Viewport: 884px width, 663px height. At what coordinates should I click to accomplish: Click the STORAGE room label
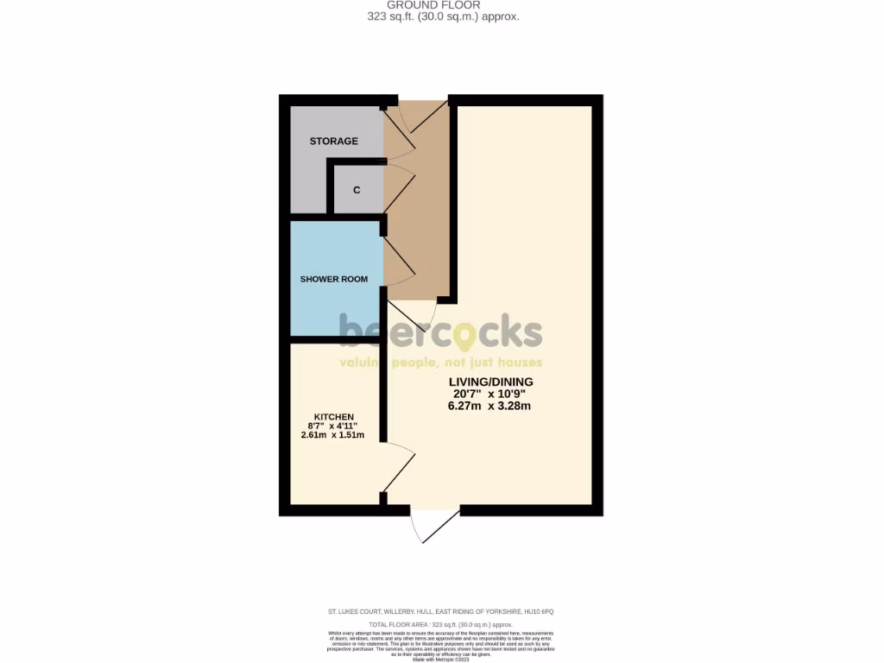(x=333, y=141)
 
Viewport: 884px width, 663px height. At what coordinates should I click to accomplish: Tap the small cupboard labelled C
(x=357, y=190)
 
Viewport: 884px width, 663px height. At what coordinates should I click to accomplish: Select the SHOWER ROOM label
(x=333, y=279)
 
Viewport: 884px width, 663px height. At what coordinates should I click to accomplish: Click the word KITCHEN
(x=333, y=417)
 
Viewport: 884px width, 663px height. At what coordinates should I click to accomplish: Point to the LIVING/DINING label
(x=490, y=382)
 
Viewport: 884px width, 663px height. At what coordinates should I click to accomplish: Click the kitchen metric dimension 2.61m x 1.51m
(x=333, y=434)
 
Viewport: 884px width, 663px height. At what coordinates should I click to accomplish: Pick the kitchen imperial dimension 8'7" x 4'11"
(x=333, y=426)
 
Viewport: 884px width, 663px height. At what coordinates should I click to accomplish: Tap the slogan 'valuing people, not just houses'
(x=440, y=363)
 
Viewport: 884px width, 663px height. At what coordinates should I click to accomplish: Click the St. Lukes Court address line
(x=441, y=611)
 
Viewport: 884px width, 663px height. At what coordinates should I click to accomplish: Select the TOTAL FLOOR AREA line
(x=441, y=623)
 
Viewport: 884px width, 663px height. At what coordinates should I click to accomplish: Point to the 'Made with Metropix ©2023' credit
(x=441, y=660)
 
